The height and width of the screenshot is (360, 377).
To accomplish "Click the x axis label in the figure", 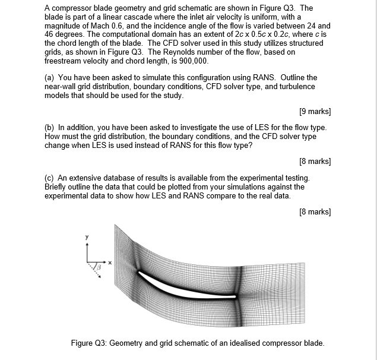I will pos(109,261).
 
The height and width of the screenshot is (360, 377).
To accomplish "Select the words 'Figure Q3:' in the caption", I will pos(89,343).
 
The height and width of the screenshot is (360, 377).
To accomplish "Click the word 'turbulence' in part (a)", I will pos(297,87).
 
